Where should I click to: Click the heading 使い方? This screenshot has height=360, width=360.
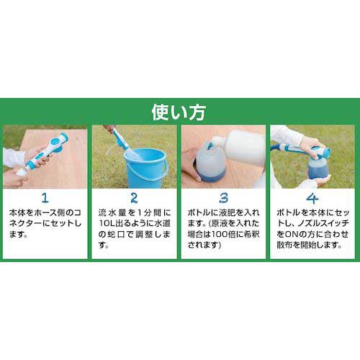(x=179, y=112)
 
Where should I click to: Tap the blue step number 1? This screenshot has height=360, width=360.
(x=45, y=198)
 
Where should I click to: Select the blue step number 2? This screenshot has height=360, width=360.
(x=134, y=198)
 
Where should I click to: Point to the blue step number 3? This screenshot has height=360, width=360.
(x=223, y=198)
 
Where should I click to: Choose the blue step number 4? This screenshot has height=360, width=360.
(x=312, y=198)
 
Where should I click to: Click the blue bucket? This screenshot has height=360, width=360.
(x=145, y=168)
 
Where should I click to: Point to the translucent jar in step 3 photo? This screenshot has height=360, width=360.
(x=210, y=164)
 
